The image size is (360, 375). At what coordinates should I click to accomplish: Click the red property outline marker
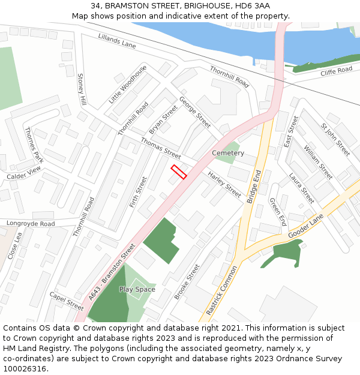178,172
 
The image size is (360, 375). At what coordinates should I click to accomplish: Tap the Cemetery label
228,153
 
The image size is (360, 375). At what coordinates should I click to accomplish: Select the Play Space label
137,289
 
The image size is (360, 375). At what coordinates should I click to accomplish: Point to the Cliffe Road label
336,71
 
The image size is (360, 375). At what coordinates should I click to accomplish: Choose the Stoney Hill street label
82,90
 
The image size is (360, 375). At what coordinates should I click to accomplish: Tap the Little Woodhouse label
127,85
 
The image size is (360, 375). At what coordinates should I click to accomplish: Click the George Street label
195,113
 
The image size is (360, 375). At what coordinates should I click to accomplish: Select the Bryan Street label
163,120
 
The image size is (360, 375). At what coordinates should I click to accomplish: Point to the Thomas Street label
160,148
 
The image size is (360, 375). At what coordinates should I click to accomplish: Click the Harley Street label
224,184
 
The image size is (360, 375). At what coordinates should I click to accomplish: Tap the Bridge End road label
254,187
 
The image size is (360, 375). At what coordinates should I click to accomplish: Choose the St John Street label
335,140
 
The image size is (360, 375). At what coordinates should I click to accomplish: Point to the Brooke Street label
187,282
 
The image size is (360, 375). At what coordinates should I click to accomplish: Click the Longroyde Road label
31,224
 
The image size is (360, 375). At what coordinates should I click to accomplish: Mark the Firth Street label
139,192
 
